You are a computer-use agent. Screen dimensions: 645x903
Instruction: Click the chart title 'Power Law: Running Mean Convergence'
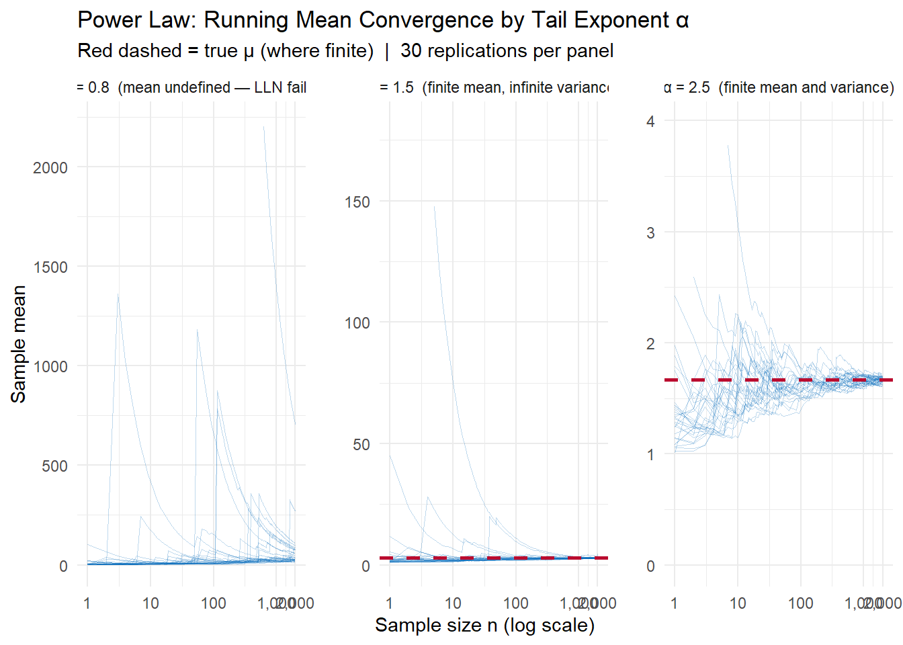pos(383,20)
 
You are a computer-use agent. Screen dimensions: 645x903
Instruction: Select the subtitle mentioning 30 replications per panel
pos(345,51)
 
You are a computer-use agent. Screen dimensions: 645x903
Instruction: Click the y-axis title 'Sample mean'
pos(18,344)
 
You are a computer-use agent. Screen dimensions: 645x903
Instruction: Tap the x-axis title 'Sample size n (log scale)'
pos(484,626)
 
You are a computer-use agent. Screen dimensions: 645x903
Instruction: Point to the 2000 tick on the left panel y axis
pos(50,168)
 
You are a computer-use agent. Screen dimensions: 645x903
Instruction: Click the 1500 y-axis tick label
pos(50,267)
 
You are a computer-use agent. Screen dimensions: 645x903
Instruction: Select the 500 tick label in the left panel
pos(54,466)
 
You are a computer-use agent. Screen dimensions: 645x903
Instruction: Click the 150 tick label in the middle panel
pos(357,202)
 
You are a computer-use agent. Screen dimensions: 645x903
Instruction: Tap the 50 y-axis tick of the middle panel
pos(361,445)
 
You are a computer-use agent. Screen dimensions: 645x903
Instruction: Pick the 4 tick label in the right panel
pos(650,122)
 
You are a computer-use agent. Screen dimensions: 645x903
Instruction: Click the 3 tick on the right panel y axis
pos(650,233)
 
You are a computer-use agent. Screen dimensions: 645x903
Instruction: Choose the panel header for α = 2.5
pos(779,88)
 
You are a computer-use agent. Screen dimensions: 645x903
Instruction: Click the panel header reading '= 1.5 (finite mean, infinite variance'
pos(494,88)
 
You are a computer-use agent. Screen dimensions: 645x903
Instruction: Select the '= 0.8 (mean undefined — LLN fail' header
pos(191,88)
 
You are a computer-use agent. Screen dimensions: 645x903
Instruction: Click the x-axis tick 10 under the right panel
pos(738,603)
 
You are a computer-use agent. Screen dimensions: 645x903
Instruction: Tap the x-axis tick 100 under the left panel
pos(214,603)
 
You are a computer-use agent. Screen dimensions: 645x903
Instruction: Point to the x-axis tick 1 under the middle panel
pos(390,603)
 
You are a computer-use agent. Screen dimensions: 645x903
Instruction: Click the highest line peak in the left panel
pos(263,126)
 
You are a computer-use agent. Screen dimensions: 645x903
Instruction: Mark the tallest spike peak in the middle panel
pos(435,206)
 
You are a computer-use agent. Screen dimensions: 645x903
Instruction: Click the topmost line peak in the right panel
pos(728,145)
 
